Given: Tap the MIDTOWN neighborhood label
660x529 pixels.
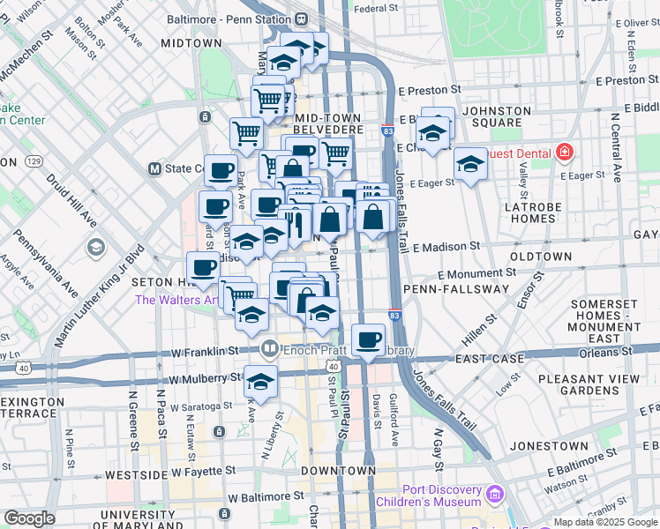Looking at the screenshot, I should click(191, 43).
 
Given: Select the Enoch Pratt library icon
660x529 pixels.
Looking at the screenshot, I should click(269, 350).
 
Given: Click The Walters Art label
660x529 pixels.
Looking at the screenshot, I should click(176, 300).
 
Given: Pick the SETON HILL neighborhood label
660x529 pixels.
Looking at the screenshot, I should click(163, 282).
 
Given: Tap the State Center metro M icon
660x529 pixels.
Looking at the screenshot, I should click(154, 168).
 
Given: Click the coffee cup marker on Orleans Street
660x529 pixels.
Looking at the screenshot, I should click(368, 339).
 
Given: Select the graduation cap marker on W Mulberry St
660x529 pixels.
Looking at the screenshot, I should click(260, 380).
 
